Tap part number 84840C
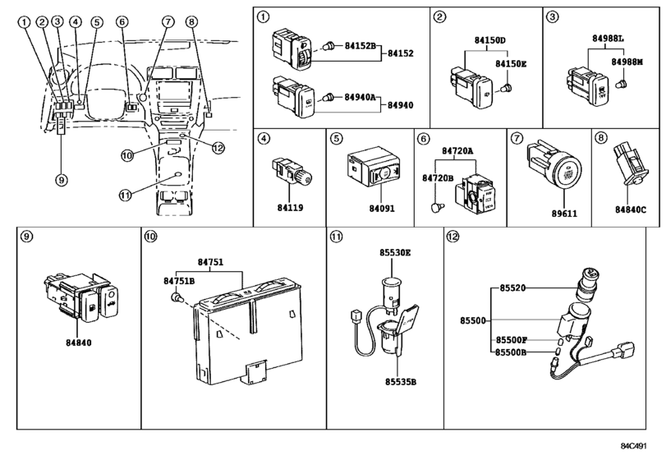631,209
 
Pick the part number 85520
511,289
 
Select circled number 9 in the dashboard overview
62,177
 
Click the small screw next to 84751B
175,296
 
